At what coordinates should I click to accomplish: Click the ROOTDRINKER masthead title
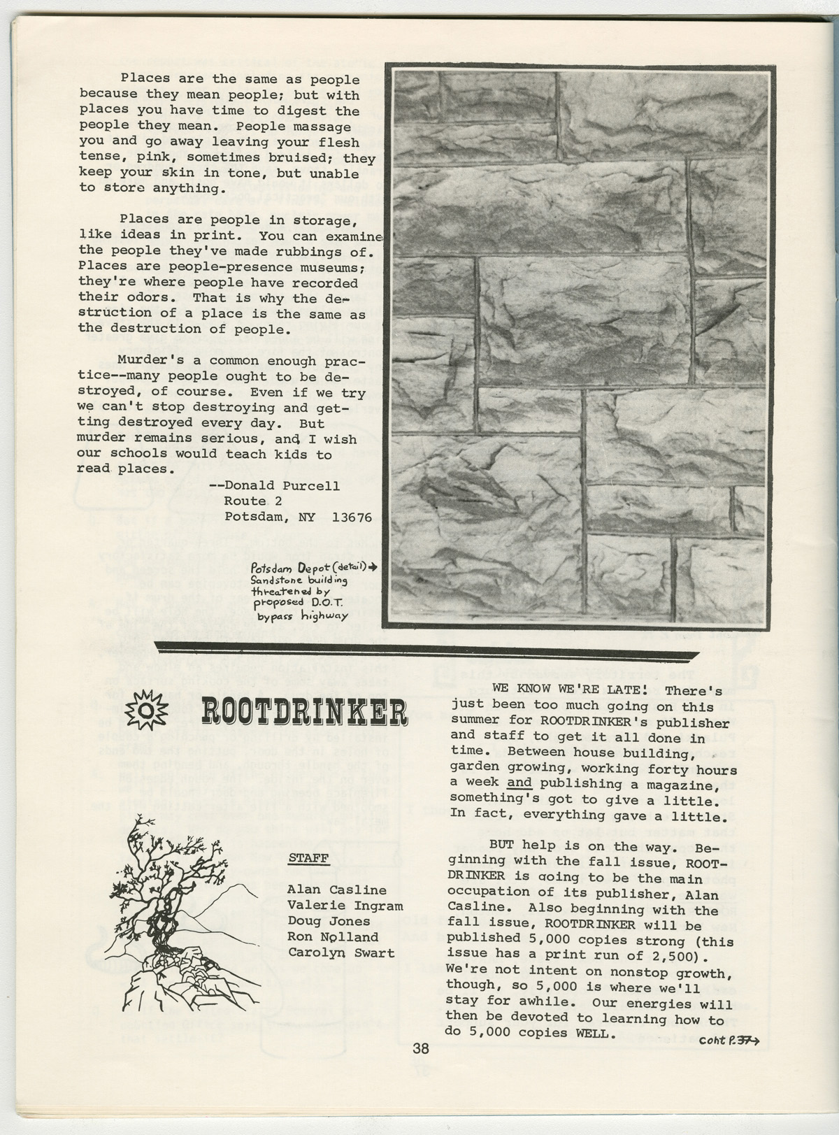(303, 711)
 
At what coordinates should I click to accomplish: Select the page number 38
(421, 1048)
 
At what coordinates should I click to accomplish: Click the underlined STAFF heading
(308, 858)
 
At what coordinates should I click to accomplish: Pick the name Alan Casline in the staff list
(336, 890)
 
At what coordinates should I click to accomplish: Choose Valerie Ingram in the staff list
(345, 906)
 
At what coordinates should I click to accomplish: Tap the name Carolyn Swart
(340, 952)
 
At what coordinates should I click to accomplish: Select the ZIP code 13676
(352, 517)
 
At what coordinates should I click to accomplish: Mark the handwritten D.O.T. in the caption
(323, 602)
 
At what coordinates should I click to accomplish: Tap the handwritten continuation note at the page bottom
(728, 1040)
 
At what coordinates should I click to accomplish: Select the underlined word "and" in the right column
(519, 783)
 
